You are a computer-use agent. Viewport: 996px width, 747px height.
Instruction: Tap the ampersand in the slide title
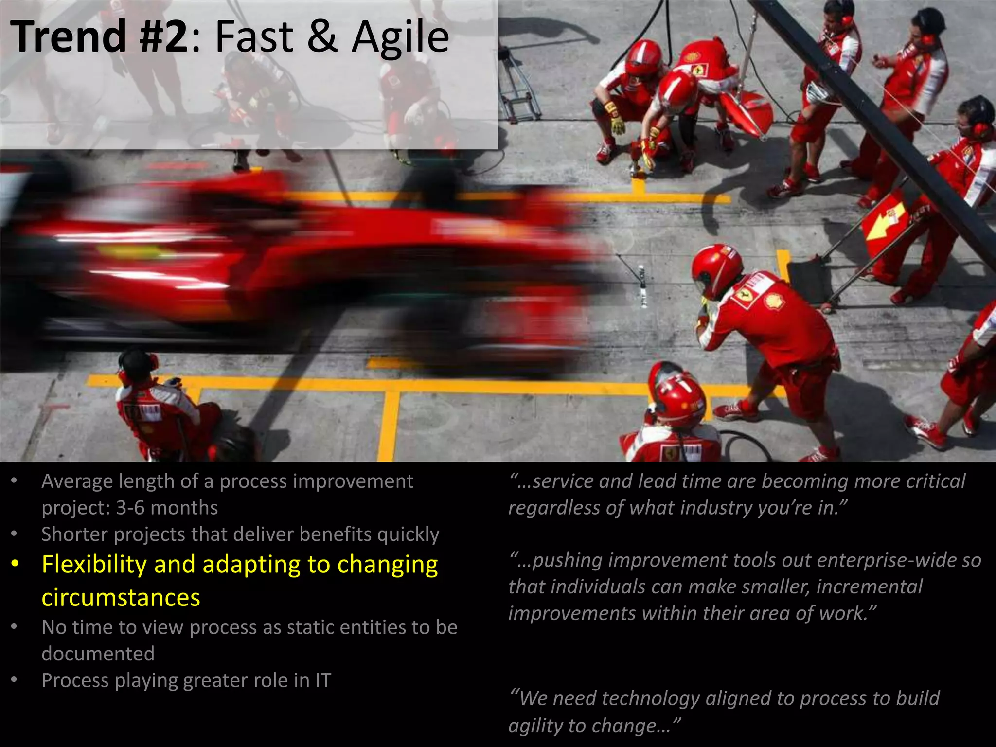[322, 37]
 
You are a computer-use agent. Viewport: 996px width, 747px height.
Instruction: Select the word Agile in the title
[400, 37]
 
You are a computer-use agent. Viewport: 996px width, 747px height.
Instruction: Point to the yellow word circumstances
[121, 597]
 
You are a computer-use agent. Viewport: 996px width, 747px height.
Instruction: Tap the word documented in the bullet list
[98, 654]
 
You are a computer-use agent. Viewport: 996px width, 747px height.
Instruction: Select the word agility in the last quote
[535, 726]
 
